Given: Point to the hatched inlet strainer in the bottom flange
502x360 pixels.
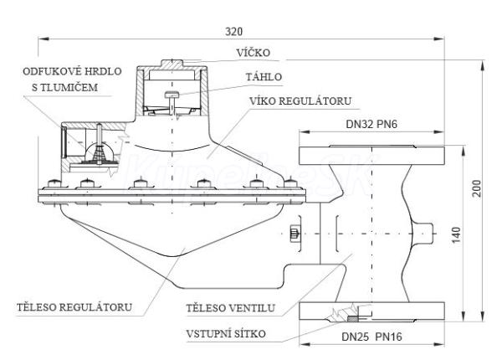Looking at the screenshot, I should coord(351,316).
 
